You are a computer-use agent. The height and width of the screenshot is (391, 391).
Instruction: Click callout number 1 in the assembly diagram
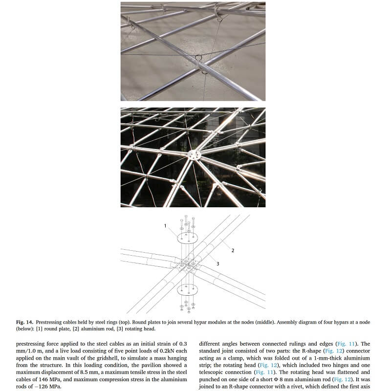(x=165, y=226)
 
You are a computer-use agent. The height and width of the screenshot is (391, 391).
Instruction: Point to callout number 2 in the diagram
(x=233, y=250)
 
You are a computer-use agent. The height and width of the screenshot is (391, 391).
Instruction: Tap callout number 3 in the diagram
(x=217, y=263)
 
